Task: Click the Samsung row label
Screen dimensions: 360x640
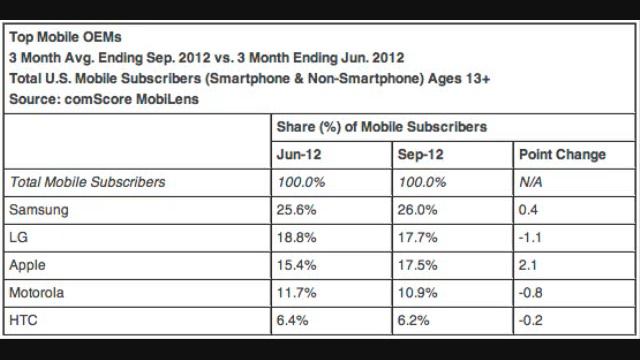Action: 36,210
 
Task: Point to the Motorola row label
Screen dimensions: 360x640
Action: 36,294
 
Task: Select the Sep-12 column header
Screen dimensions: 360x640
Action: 422,155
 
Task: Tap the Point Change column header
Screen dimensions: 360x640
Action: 562,155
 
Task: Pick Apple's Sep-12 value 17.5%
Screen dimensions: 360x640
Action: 419,266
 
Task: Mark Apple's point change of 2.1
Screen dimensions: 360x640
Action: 528,266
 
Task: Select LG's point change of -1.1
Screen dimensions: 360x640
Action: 530,238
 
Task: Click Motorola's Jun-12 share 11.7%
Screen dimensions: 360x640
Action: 296,294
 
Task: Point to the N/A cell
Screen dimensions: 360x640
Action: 531,182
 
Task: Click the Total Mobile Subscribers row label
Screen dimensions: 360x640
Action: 86,182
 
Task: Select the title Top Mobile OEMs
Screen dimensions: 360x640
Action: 65,37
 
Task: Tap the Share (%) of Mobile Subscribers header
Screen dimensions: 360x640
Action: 381,127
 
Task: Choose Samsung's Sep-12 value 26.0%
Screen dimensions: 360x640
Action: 419,210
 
